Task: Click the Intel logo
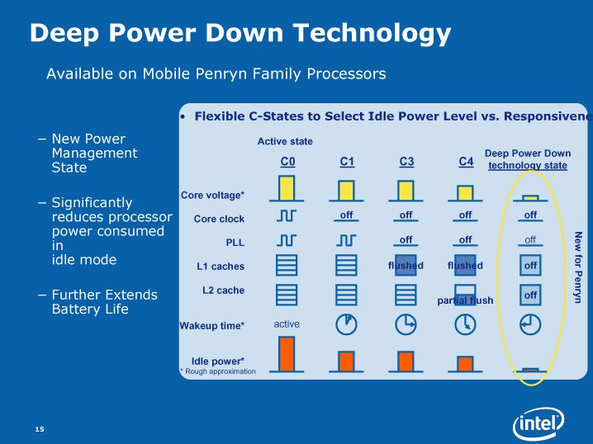point(538,424)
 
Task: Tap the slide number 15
point(40,429)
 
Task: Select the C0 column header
point(287,162)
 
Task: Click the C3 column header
point(406,162)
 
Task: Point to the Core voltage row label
point(212,196)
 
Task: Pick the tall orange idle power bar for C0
point(287,354)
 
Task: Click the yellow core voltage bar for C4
point(465,193)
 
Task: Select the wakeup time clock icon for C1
point(346,324)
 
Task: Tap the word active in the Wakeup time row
point(287,324)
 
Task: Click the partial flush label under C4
point(465,300)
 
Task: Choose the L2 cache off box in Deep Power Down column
point(530,295)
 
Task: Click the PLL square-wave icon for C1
point(346,240)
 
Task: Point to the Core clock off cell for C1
point(346,215)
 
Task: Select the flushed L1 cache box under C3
point(406,265)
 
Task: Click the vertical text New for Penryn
point(577,267)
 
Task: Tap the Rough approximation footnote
point(218,371)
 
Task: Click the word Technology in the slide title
point(372,34)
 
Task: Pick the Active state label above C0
point(285,141)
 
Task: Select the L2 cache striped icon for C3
point(406,295)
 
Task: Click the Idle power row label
point(218,361)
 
